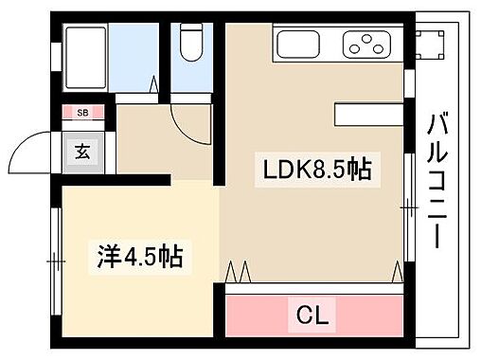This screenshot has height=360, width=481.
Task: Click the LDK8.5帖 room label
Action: click(x=315, y=171)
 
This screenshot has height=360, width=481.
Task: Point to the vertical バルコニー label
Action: click(x=437, y=180)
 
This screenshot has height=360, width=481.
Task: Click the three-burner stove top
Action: click(x=364, y=42)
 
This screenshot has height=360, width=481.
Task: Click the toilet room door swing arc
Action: click(x=190, y=118)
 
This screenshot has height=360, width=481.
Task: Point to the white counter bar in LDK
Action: click(x=370, y=115)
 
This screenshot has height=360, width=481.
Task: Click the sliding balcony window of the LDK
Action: click(x=408, y=204)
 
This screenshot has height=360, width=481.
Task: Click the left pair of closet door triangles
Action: click(x=238, y=273)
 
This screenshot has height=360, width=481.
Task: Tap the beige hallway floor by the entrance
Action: click(x=142, y=142)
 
